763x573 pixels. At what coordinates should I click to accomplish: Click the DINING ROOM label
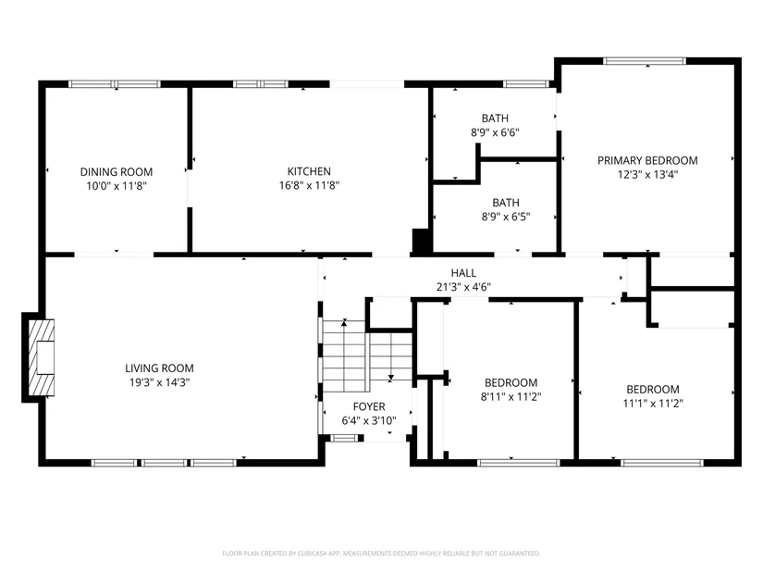(x=117, y=172)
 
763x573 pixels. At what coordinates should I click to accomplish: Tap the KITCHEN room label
(x=309, y=171)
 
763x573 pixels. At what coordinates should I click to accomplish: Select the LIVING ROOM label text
(x=160, y=368)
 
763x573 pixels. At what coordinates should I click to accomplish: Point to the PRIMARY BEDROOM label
(x=647, y=160)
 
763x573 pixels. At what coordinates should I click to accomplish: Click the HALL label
(x=463, y=273)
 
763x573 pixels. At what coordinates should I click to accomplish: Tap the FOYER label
(x=369, y=406)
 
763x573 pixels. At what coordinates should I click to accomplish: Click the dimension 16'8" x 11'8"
(x=310, y=185)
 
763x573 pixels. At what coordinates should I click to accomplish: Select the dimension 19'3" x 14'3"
(x=160, y=382)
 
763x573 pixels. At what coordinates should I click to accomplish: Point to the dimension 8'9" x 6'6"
(x=495, y=132)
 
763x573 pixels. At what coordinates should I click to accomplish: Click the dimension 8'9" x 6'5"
(x=506, y=217)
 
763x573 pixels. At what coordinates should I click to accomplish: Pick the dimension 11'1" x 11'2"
(x=653, y=403)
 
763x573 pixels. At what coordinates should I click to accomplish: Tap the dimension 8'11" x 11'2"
(x=511, y=396)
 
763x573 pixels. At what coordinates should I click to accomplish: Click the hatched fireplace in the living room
(x=42, y=357)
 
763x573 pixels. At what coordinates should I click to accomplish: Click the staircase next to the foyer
(x=367, y=355)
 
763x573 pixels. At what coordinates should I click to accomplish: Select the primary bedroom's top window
(x=645, y=61)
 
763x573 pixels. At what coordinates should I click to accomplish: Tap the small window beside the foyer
(x=343, y=438)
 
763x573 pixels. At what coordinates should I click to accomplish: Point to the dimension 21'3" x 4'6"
(x=463, y=287)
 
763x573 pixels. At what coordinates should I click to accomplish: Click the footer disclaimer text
(x=381, y=554)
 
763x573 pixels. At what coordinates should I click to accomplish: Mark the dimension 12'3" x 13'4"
(x=647, y=174)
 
